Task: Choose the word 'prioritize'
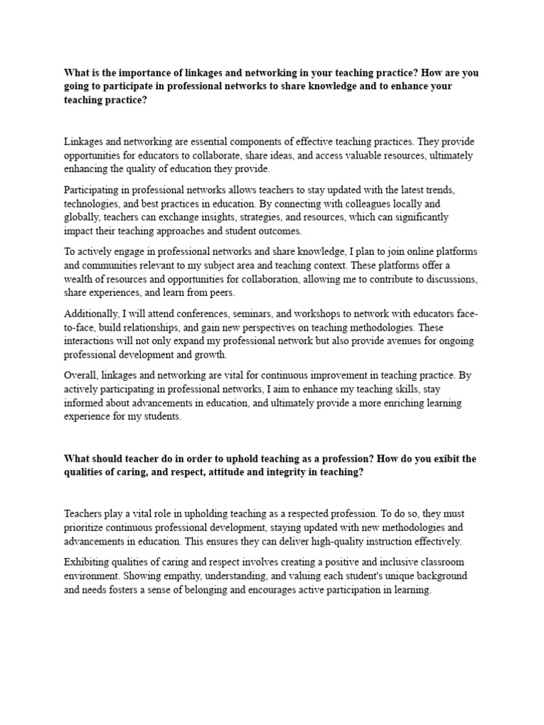88,527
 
